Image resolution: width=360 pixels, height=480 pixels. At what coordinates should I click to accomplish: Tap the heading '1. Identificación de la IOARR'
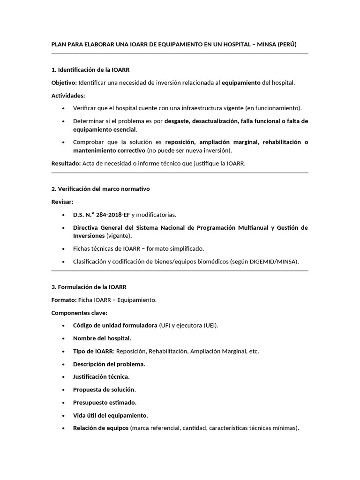point(90,70)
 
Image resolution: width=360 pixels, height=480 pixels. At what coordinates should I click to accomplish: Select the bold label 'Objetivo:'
point(64,83)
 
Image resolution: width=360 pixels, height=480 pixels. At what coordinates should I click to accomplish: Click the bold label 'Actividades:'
point(68,96)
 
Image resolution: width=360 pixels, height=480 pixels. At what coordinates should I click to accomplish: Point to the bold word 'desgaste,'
point(177,121)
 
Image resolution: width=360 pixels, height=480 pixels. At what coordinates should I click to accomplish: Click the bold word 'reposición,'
point(181,142)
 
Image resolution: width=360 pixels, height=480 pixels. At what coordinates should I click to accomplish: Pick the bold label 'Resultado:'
point(66,164)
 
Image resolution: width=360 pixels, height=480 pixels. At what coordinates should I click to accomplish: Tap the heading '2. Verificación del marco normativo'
point(100,189)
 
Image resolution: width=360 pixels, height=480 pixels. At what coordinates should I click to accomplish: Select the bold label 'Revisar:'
point(63,202)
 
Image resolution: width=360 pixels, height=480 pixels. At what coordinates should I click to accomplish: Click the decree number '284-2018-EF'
point(112,215)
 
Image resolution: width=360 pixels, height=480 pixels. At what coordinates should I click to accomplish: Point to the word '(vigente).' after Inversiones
point(119,235)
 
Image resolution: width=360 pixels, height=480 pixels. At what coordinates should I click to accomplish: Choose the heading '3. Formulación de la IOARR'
point(89,287)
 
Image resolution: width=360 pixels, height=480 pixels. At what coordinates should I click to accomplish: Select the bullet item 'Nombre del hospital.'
point(102,338)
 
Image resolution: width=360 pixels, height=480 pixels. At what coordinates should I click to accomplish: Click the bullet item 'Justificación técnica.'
point(101,376)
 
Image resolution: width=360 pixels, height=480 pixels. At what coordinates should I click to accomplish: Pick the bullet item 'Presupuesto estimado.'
point(105,402)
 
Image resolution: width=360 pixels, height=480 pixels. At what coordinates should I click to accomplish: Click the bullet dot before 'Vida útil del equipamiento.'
point(63,415)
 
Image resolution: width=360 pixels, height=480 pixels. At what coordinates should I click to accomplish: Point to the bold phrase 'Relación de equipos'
point(100,428)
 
